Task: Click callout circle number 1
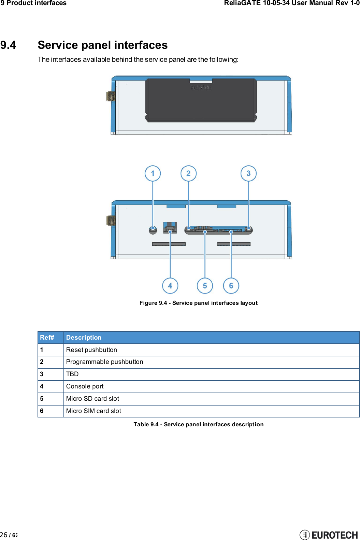(x=153, y=173)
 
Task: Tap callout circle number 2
(x=188, y=173)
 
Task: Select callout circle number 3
(x=248, y=173)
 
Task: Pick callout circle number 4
(x=170, y=286)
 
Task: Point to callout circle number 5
(x=205, y=286)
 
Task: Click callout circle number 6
(x=231, y=286)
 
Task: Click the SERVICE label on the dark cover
(x=201, y=88)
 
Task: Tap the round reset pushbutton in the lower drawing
(x=153, y=230)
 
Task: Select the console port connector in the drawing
(x=170, y=227)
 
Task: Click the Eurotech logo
(x=329, y=535)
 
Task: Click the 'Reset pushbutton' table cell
(x=91, y=350)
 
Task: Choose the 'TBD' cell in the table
(x=72, y=374)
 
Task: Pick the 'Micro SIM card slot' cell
(x=93, y=411)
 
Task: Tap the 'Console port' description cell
(x=85, y=386)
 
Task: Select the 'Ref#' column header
(x=47, y=338)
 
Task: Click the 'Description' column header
(x=84, y=338)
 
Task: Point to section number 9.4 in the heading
(x=8, y=45)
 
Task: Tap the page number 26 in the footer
(x=4, y=535)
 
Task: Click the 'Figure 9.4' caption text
(x=198, y=303)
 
